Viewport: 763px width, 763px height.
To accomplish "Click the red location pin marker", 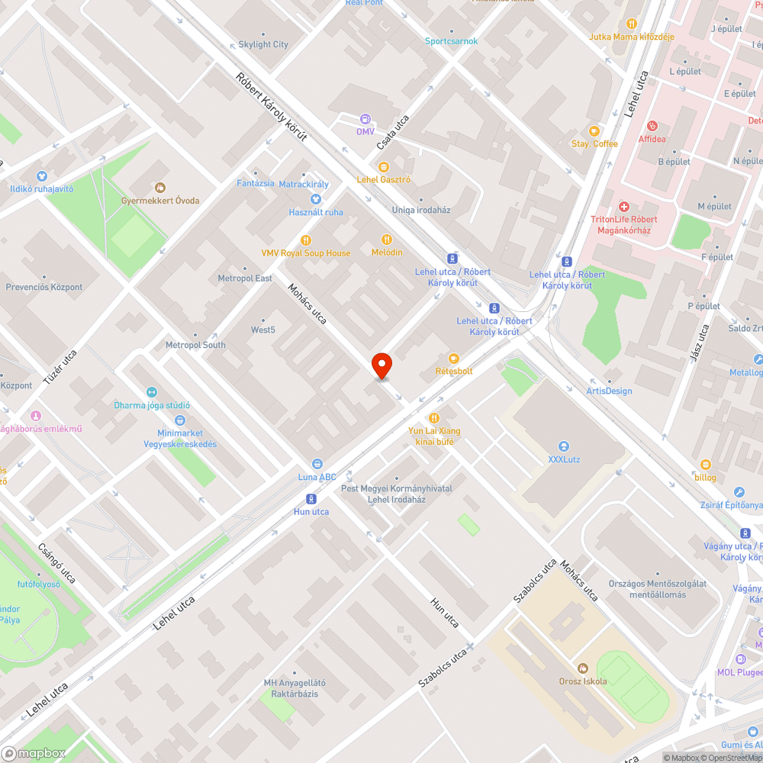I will (381, 365).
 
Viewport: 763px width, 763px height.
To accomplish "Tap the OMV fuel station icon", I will (365, 118).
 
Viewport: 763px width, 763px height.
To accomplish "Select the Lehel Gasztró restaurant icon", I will (384, 166).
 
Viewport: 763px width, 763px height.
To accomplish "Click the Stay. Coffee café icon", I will (594, 130).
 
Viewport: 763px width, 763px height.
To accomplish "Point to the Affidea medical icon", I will (652, 126).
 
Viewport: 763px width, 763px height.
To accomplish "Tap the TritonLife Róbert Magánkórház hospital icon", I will (623, 207).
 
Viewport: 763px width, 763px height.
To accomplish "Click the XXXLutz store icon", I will (563, 446).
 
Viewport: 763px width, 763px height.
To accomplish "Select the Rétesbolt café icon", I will (454, 358).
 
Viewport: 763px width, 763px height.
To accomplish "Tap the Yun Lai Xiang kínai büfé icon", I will (434, 417).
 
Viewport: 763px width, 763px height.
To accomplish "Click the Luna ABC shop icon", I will (317, 464).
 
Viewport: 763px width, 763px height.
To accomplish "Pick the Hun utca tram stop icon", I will (311, 499).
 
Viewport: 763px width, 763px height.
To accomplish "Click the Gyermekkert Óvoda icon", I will (160, 187).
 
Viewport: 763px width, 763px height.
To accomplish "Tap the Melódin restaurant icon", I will (387, 239).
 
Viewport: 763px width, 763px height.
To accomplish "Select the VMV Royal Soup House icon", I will (306, 240).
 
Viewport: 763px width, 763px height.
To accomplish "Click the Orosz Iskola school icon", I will (583, 668).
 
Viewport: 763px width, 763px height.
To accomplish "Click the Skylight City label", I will (263, 44).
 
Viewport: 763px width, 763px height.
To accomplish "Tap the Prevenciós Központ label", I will (44, 288).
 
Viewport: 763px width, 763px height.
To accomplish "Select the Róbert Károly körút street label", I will (272, 107).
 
